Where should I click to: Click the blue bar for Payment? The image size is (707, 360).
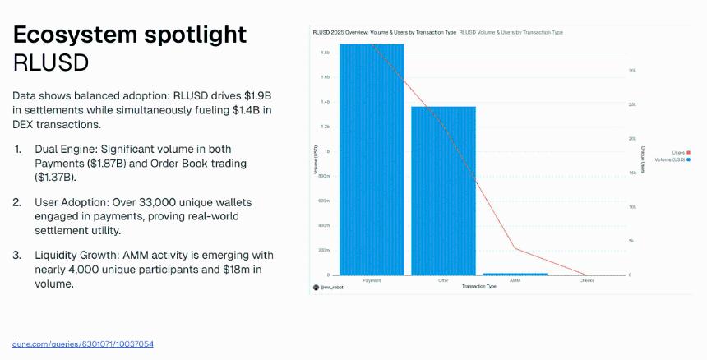pos(372,159)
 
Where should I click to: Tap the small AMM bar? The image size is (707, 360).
pos(515,274)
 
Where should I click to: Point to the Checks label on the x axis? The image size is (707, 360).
pos(586,280)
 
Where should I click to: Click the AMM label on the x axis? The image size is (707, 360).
pos(515,280)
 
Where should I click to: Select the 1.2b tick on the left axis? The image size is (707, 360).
pos(325,127)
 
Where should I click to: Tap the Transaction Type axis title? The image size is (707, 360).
pos(478,286)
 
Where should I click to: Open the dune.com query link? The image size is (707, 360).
pos(83,343)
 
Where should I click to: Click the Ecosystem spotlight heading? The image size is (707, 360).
pos(129,35)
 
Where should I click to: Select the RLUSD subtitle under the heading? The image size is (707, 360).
pos(51,63)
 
